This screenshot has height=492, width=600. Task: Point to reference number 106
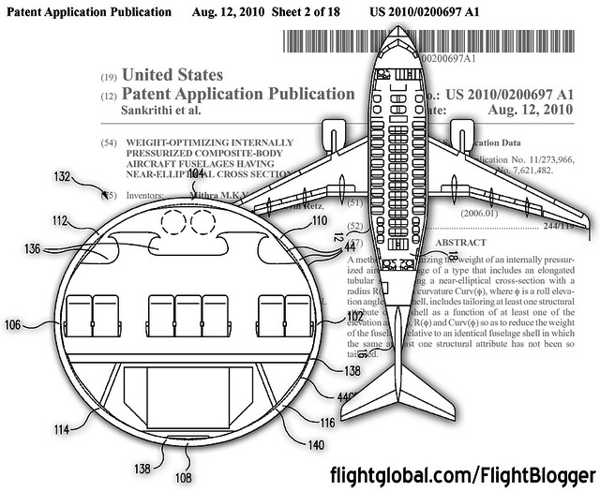coord(14,324)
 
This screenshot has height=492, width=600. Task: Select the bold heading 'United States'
coord(172,75)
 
